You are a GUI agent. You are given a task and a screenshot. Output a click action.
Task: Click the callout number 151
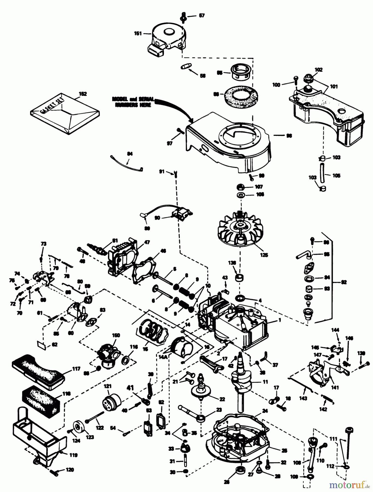tap(138, 33)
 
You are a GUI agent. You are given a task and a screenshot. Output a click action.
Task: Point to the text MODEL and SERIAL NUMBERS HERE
tap(133, 102)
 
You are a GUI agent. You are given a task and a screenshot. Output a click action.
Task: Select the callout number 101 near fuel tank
tap(334, 86)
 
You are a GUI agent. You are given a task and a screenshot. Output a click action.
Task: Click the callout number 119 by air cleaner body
tap(73, 455)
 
